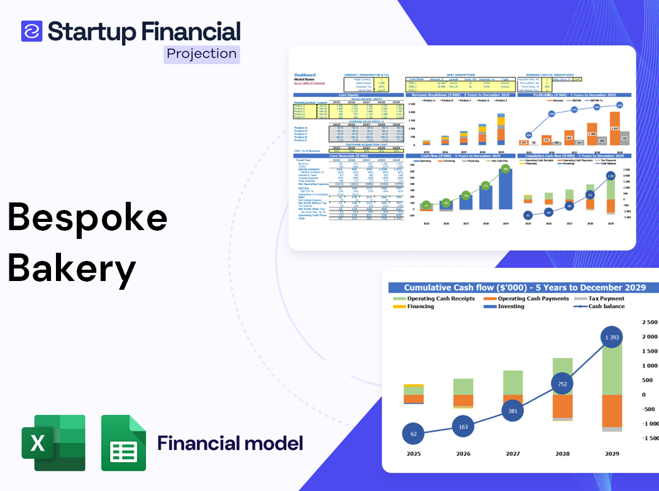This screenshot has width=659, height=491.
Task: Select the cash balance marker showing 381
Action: [512, 411]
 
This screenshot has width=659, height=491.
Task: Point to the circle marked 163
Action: [463, 427]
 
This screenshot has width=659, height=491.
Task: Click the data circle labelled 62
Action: [413, 434]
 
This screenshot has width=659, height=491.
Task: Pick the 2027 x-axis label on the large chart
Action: [512, 453]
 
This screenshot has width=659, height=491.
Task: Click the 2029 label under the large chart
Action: [611, 453]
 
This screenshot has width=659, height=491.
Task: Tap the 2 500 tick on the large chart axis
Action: [649, 322]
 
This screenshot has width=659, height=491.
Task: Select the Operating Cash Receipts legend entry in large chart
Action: [441, 299]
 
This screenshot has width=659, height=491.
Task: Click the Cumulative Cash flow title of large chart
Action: [524, 287]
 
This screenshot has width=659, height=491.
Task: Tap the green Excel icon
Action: [53, 443]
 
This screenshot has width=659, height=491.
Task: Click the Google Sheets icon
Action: [124, 443]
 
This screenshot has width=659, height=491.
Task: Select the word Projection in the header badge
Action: [202, 53]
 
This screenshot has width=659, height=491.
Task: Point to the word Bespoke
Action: [87, 218]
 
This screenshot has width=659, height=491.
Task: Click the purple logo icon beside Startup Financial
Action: [31, 31]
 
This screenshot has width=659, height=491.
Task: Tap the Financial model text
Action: [230, 443]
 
